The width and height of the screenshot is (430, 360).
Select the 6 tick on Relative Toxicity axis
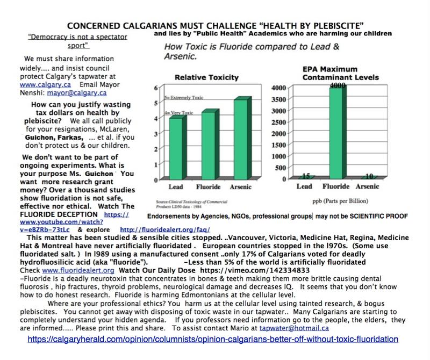[x=156, y=88]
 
